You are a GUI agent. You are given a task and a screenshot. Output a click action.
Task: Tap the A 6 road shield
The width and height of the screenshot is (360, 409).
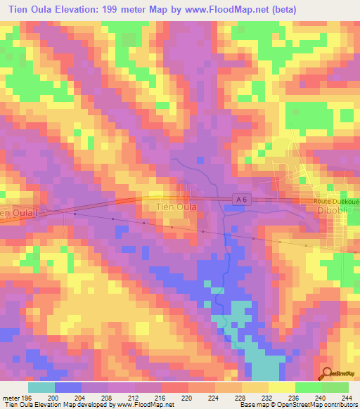click(x=240, y=200)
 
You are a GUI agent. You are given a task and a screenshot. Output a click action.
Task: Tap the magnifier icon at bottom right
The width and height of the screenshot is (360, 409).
click(x=326, y=374)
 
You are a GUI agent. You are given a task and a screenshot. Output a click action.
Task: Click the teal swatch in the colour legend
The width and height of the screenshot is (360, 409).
click(x=41, y=387)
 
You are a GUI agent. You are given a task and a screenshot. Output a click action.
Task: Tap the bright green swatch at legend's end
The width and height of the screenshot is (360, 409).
click(x=335, y=387)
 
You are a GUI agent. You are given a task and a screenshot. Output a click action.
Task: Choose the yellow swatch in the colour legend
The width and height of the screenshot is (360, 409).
click(x=281, y=387)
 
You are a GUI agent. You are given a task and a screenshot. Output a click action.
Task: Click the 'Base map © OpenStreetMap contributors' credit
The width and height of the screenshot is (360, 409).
click(x=298, y=404)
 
